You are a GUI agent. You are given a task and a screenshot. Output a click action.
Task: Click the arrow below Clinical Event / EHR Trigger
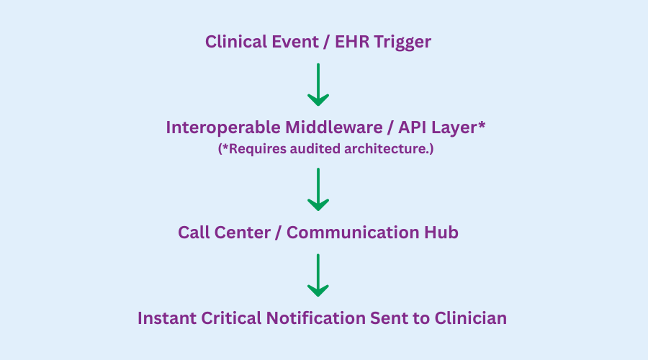(318, 84)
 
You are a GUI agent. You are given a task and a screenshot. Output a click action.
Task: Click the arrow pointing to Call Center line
(318, 189)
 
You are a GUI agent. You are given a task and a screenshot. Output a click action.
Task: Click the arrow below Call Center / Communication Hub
(318, 275)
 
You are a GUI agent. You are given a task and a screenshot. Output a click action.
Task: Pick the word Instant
(167, 318)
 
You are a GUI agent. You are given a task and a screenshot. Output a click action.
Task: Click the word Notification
(316, 318)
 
